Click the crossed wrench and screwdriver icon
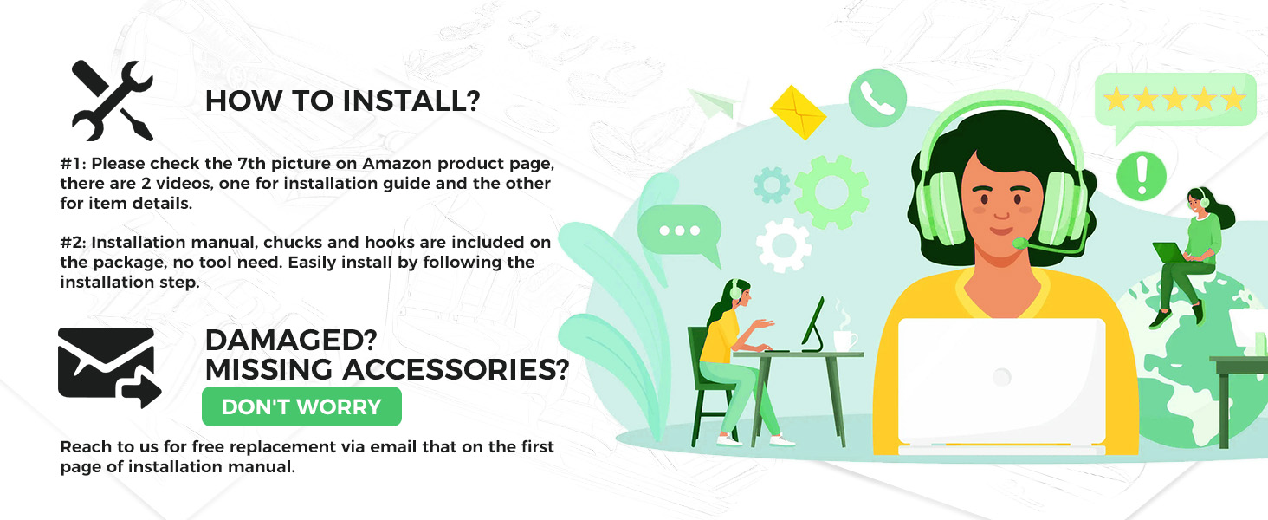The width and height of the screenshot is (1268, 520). [112, 101]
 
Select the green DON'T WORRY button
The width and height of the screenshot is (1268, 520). [301, 406]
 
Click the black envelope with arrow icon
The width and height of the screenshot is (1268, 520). [109, 367]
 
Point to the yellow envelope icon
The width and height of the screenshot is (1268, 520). [799, 112]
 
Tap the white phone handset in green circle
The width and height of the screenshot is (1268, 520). [877, 98]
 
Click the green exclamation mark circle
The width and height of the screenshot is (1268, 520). [1142, 176]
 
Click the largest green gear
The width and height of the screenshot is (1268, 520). [831, 192]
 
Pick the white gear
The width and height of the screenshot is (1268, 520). [784, 244]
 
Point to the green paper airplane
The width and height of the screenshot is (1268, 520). [714, 104]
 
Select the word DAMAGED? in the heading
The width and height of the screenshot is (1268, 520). [290, 340]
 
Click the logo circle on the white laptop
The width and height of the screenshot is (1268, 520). [1001, 377]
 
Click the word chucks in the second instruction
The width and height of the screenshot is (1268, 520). [293, 243]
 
